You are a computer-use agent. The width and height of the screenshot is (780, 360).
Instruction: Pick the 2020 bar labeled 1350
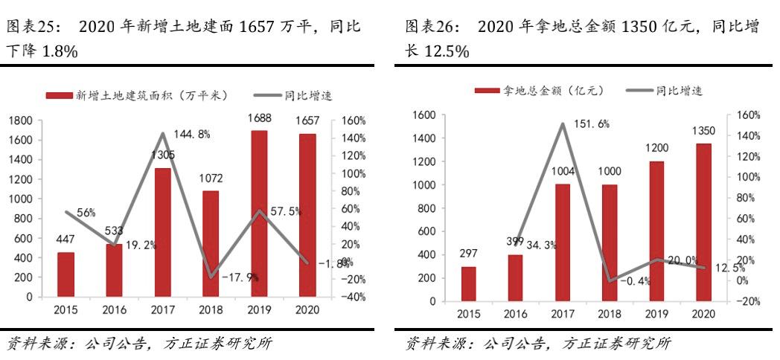(704, 222)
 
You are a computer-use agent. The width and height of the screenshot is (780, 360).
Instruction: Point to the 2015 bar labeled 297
(468, 283)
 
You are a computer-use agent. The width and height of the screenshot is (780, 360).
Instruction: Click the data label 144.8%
(193, 135)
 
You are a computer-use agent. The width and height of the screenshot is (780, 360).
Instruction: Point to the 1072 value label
(211, 179)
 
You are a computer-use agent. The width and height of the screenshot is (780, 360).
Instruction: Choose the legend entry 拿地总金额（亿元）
(539, 91)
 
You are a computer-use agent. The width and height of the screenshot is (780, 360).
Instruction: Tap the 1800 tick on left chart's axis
(20, 120)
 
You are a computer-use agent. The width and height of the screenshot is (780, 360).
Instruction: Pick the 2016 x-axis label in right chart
(515, 315)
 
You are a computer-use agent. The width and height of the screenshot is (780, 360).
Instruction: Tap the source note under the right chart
(538, 344)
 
